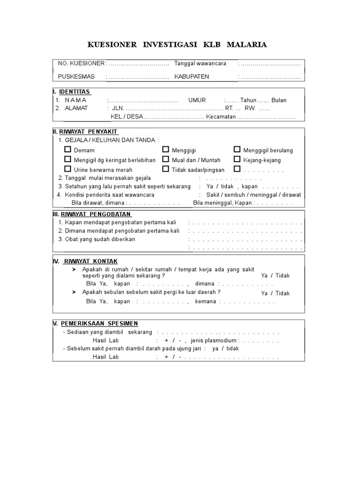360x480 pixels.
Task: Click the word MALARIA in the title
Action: click(x=247, y=45)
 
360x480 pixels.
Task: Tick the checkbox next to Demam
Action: click(x=68, y=150)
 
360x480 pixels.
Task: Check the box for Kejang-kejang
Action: click(x=237, y=159)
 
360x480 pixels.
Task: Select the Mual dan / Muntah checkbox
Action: click(x=166, y=159)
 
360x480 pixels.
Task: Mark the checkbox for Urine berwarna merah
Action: click(x=68, y=169)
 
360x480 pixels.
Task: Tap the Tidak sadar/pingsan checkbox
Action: click(x=166, y=169)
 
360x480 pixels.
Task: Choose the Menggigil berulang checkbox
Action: click(x=237, y=150)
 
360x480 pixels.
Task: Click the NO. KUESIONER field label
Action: click(x=81, y=63)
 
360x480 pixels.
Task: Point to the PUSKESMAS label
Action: click(x=76, y=76)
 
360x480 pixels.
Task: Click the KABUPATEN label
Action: click(x=192, y=76)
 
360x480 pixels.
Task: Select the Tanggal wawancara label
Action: click(x=200, y=63)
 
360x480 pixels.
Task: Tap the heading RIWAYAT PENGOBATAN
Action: click(x=96, y=214)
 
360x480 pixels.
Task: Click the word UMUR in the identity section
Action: click(x=197, y=100)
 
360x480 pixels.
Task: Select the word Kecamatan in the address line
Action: click(x=221, y=117)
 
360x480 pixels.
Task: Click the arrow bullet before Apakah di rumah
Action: click(x=74, y=270)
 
